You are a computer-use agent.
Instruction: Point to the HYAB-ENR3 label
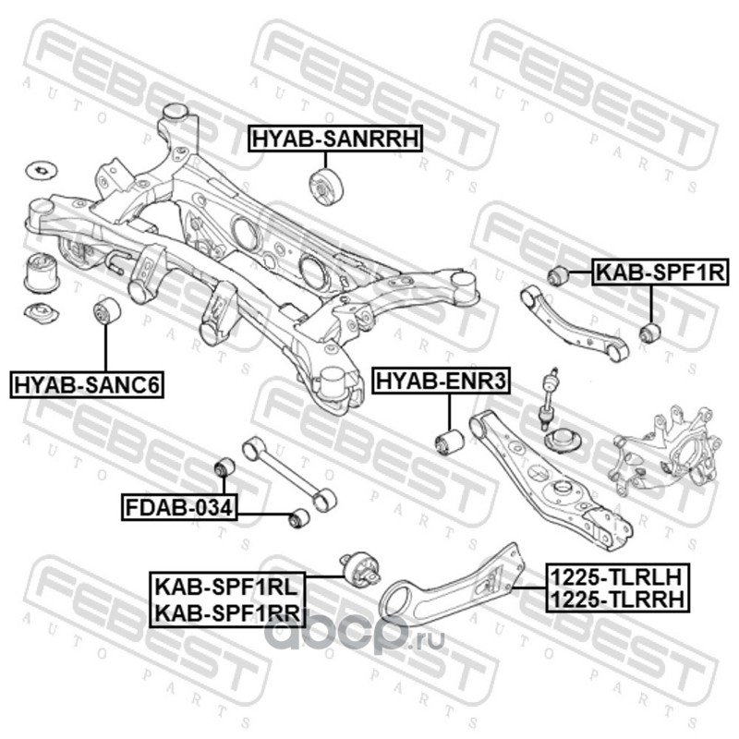tap(429, 380)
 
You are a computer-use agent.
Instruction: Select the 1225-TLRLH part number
tap(616, 575)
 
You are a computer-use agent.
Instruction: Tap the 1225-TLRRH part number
tap(616, 600)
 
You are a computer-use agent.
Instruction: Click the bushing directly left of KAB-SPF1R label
tap(556, 274)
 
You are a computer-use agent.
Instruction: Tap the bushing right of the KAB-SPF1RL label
tap(361, 568)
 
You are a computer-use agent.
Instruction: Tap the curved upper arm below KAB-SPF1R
tap(574, 320)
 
